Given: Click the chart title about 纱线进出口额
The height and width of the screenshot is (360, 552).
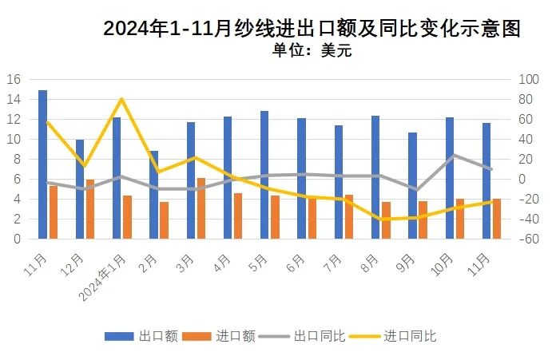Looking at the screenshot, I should (312, 30).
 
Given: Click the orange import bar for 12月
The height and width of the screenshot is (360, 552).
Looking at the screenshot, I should (90, 209).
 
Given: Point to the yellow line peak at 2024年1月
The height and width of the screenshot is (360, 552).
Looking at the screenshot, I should (121, 99).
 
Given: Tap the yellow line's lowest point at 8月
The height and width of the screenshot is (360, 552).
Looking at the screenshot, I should (380, 219).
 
